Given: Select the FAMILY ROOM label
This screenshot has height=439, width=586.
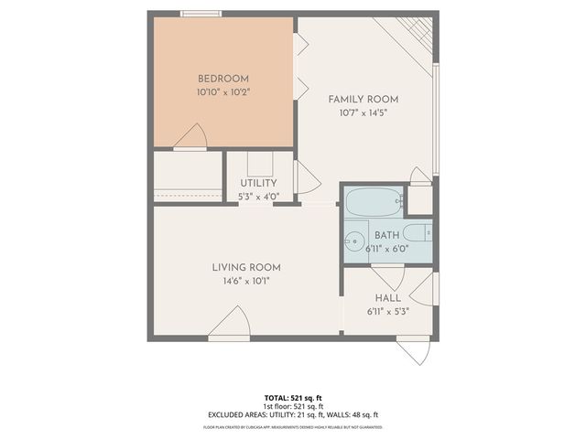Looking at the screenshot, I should click(x=364, y=99).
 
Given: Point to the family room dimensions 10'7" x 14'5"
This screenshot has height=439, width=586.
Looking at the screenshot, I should click(x=364, y=112).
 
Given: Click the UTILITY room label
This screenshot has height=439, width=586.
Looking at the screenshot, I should click(x=258, y=183).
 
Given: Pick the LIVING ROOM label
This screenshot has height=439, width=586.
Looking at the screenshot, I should click(x=246, y=267).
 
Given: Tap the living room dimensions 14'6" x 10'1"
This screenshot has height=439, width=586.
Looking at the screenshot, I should click(x=246, y=281).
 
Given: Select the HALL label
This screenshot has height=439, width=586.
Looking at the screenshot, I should click(x=387, y=298).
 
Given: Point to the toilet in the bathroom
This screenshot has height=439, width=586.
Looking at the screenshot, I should click(x=418, y=232).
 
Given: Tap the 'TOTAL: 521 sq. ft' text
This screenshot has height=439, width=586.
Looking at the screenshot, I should click(x=293, y=398).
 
